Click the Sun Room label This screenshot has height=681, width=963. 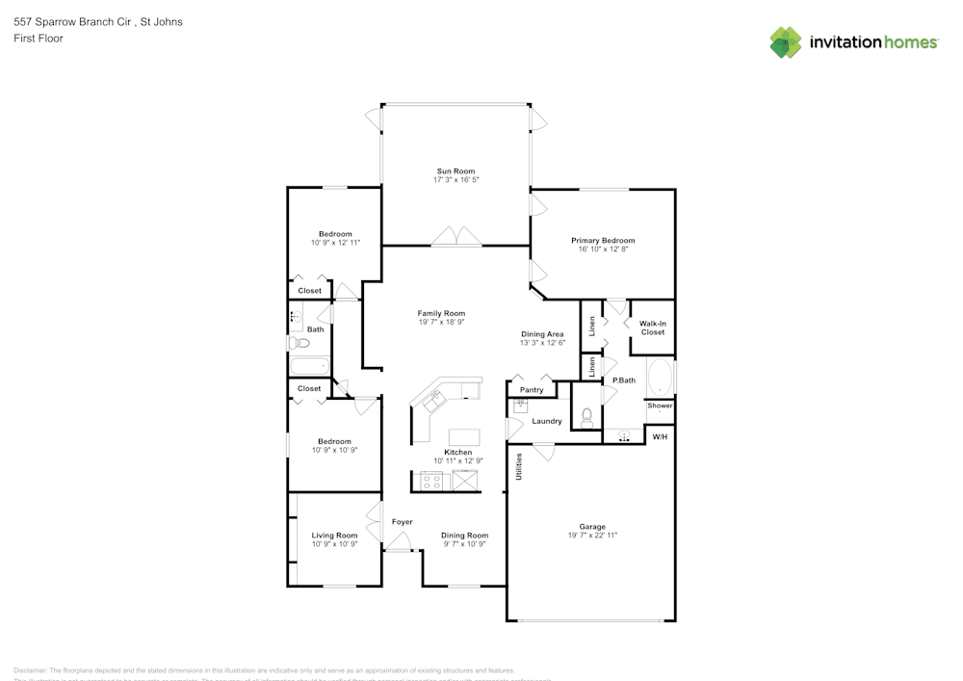tap(455, 170)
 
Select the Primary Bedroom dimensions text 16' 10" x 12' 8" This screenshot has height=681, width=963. tap(603, 249)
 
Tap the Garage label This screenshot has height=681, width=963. tap(591, 527)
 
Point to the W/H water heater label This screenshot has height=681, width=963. tap(660, 437)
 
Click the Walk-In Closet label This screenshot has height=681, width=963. tap(652, 327)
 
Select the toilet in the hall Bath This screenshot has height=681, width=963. tap(298, 343)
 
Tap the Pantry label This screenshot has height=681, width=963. tap(532, 390)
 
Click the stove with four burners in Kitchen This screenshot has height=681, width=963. tap(431, 482)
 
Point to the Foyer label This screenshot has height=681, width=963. tap(402, 522)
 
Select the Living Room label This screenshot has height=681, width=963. tap(334, 536)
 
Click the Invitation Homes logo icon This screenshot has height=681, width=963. tap(786, 42)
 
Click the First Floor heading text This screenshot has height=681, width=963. tap(39, 39)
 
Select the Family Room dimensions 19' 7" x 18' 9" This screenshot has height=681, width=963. tap(441, 323)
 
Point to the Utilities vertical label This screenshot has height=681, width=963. tap(518, 467)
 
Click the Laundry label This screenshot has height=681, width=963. tap(546, 421)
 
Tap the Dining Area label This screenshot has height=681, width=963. tap(542, 333)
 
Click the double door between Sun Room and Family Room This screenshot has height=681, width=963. tap(455, 237)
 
